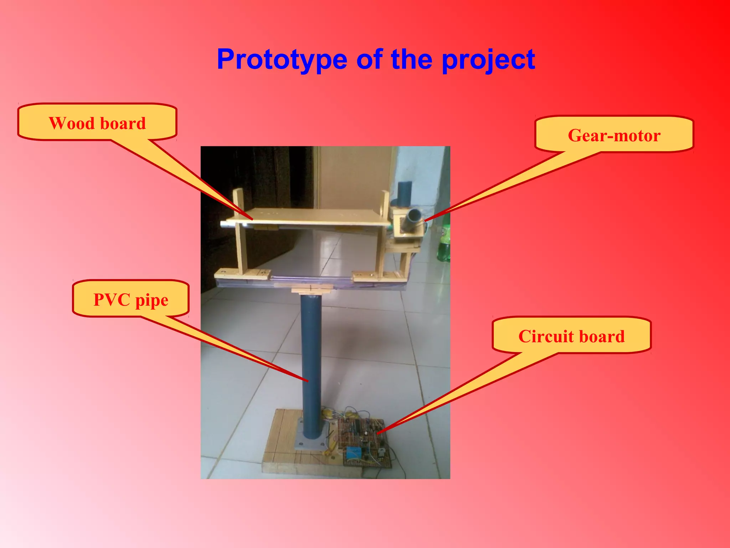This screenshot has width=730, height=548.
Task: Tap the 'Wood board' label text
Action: (97, 123)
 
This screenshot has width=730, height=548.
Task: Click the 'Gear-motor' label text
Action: (614, 136)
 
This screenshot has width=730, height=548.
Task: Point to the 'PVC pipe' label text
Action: (131, 300)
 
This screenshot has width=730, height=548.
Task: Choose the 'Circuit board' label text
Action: (571, 336)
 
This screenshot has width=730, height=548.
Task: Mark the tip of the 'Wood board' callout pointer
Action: (252, 219)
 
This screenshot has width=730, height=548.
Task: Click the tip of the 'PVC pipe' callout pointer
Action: (307, 381)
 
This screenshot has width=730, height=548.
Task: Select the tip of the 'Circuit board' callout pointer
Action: (377, 433)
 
